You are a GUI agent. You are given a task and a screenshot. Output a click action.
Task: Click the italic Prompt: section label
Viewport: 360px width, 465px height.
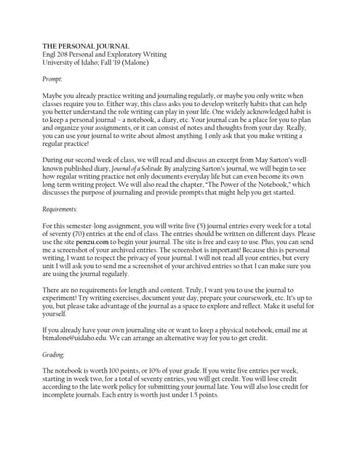(52, 78)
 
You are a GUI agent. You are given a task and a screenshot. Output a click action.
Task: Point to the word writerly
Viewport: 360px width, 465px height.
(209, 104)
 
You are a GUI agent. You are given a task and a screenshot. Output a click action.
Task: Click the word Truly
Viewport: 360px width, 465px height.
(215, 290)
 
